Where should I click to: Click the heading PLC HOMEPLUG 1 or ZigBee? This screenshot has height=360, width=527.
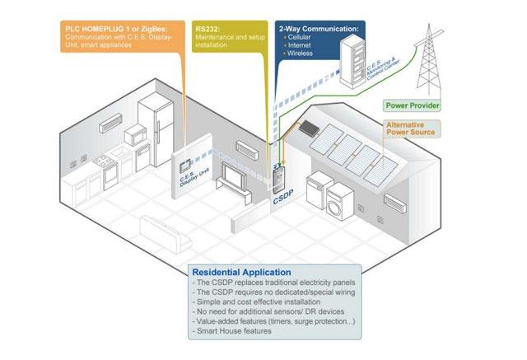click(x=124, y=26)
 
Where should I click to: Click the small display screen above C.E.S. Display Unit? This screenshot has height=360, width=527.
click(x=185, y=160)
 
